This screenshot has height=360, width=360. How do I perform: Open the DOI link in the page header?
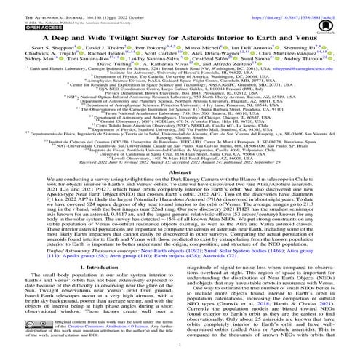tap(305, 5)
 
